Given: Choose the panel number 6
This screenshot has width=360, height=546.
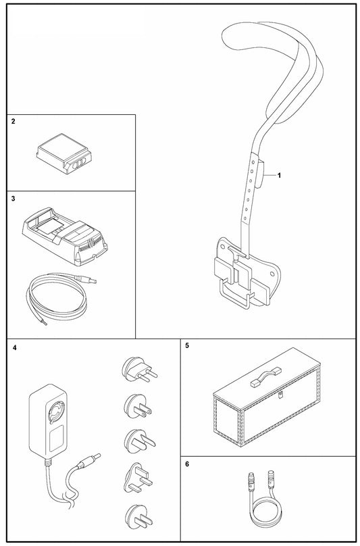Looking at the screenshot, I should tap(187, 466).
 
